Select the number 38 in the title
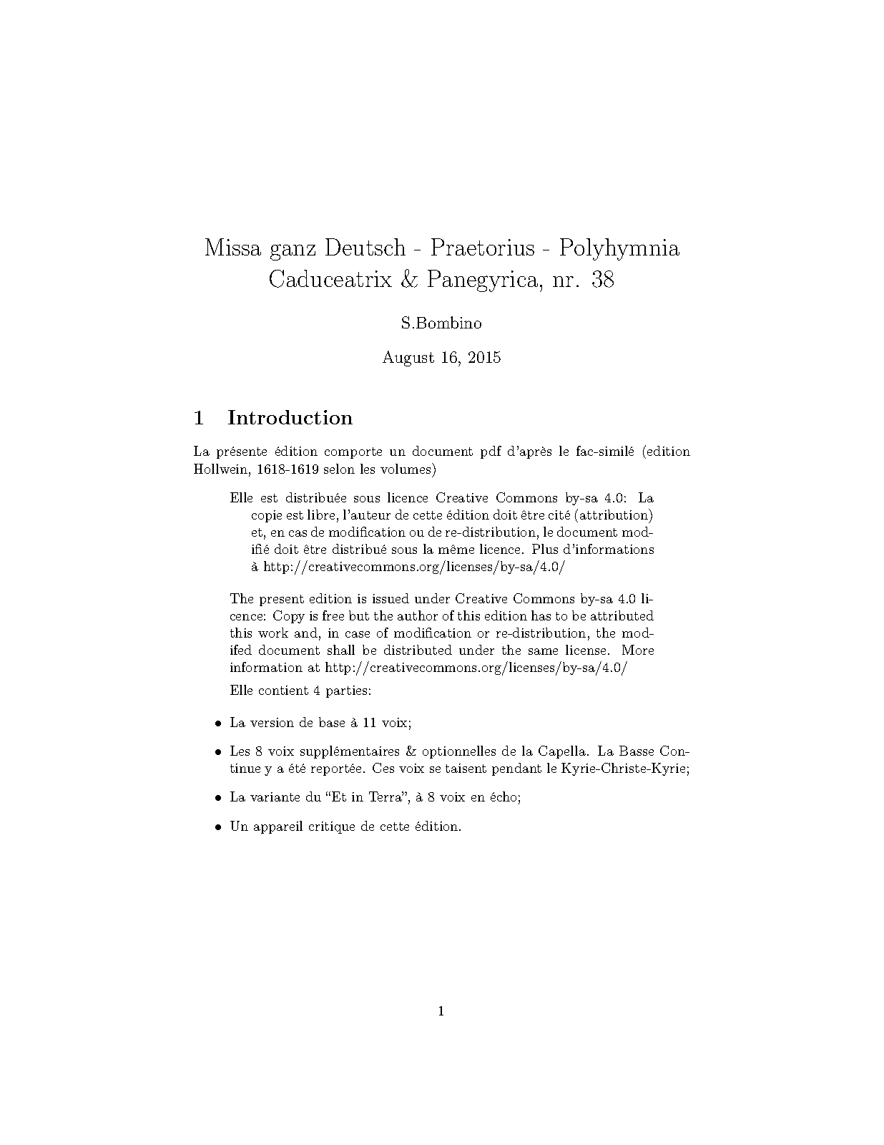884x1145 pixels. [603, 280]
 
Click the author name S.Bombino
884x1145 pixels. [441, 323]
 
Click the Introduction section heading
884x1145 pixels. [290, 418]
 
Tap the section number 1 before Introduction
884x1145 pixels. [200, 418]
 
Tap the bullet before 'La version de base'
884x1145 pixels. [219, 723]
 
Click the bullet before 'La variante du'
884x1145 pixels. [219, 798]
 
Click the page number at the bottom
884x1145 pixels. [441, 1011]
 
